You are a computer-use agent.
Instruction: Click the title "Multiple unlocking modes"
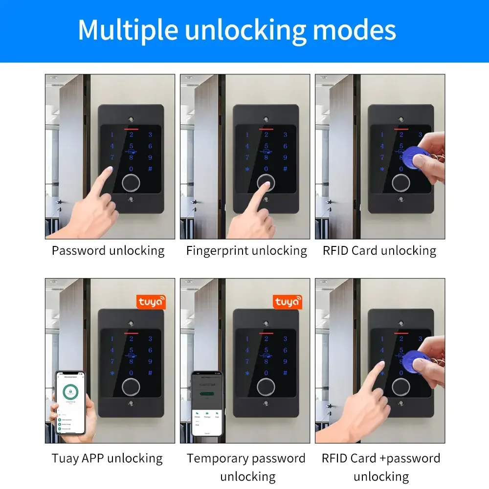(x=237, y=30)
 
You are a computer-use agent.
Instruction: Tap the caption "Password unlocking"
(x=108, y=251)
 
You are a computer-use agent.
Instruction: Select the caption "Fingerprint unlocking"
(x=246, y=251)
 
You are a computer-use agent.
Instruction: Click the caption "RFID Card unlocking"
(x=379, y=251)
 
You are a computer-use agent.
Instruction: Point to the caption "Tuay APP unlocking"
(x=107, y=458)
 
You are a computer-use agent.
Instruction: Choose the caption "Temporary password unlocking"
(x=246, y=467)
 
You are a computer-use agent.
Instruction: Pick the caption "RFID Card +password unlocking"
(x=381, y=467)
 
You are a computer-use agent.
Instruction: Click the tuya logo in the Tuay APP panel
(x=151, y=302)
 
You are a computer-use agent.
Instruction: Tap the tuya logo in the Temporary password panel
(x=287, y=302)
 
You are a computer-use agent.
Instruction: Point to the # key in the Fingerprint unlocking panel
(x=285, y=169)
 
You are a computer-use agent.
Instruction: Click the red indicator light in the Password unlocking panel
(x=131, y=131)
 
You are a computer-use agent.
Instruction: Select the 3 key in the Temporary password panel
(x=285, y=339)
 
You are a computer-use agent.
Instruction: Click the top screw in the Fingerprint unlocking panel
(x=266, y=119)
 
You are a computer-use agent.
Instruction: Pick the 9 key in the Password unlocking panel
(x=150, y=157)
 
